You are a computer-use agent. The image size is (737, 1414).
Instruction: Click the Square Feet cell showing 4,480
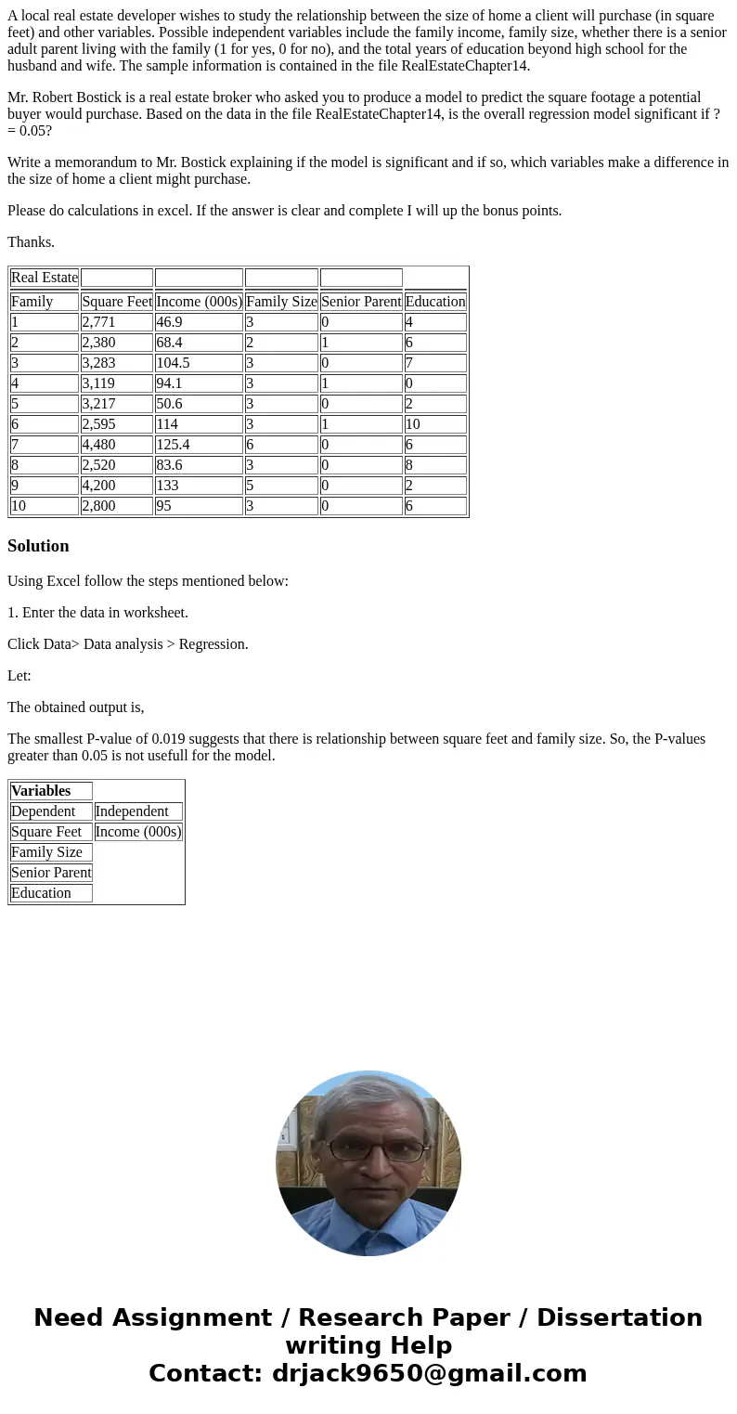coord(116,445)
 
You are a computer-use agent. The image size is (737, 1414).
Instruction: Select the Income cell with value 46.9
coord(199,322)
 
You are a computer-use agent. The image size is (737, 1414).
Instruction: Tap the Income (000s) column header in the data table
coord(199,302)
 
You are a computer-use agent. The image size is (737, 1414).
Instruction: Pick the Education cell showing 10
coord(435,424)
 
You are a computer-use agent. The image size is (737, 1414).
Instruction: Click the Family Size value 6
coord(281,445)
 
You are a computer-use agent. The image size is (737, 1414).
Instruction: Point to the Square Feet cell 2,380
coord(116,343)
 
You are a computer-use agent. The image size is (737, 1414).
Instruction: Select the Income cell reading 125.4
coord(199,445)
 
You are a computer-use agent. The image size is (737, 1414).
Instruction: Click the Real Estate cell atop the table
coord(45,278)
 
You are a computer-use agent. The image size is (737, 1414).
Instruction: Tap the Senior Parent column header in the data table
coord(361,302)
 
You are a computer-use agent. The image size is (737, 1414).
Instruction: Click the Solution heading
coord(38,546)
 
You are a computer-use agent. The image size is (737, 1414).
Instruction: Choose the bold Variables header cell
coord(51,791)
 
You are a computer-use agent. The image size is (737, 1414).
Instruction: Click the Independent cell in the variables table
coord(138,811)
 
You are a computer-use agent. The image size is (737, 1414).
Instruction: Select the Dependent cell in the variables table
coord(51,811)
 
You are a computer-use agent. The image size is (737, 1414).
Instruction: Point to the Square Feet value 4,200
coord(116,486)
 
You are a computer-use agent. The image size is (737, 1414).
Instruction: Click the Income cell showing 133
coord(199,486)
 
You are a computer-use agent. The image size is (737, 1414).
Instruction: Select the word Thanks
coord(31,242)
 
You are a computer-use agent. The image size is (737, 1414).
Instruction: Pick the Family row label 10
coord(45,506)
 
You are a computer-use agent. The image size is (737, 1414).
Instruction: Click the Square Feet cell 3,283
coord(116,363)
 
